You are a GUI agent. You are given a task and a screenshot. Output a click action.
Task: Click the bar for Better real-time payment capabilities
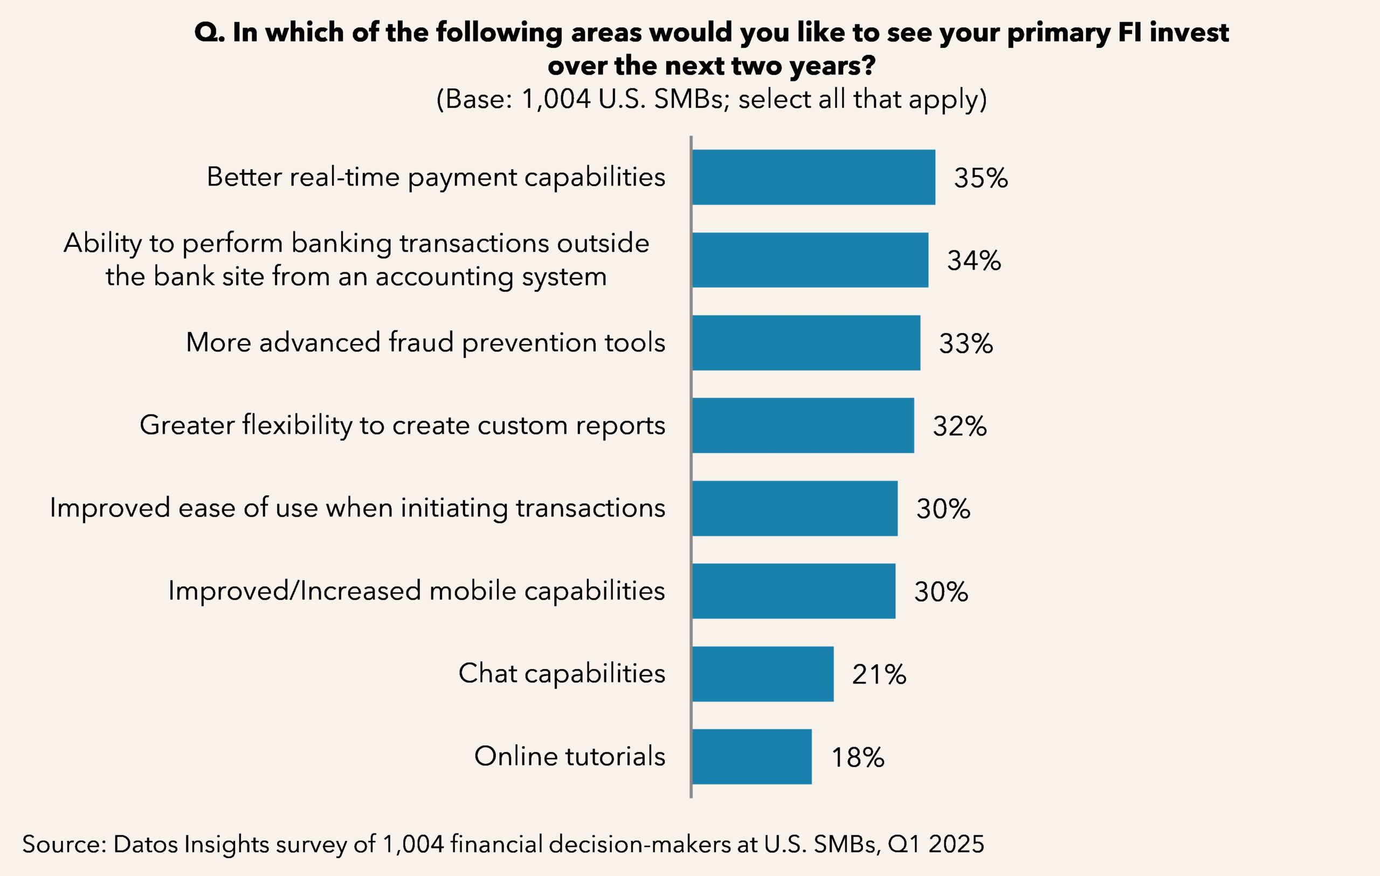tap(813, 177)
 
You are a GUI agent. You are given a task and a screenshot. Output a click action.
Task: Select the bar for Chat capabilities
tap(762, 674)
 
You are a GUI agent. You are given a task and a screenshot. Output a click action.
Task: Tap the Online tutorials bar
tap(751, 756)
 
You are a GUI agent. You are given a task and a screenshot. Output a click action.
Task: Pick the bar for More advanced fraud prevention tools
tap(806, 343)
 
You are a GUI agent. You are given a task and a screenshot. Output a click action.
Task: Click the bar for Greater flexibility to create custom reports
tap(802, 425)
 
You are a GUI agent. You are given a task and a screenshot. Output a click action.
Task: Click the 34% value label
tap(974, 261)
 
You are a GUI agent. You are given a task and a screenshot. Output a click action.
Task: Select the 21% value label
tap(879, 674)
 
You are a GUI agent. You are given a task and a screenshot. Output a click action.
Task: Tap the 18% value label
tap(857, 757)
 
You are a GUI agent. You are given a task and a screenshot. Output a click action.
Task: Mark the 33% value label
tap(965, 344)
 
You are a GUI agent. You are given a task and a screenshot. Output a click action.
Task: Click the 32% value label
tap(960, 426)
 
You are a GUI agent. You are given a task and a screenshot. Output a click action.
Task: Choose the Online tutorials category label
tap(570, 756)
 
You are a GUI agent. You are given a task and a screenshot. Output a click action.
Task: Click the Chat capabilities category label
tap(562, 673)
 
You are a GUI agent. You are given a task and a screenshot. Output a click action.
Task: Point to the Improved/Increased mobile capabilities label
tap(417, 591)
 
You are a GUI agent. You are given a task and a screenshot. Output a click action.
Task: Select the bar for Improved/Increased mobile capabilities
tap(793, 591)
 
